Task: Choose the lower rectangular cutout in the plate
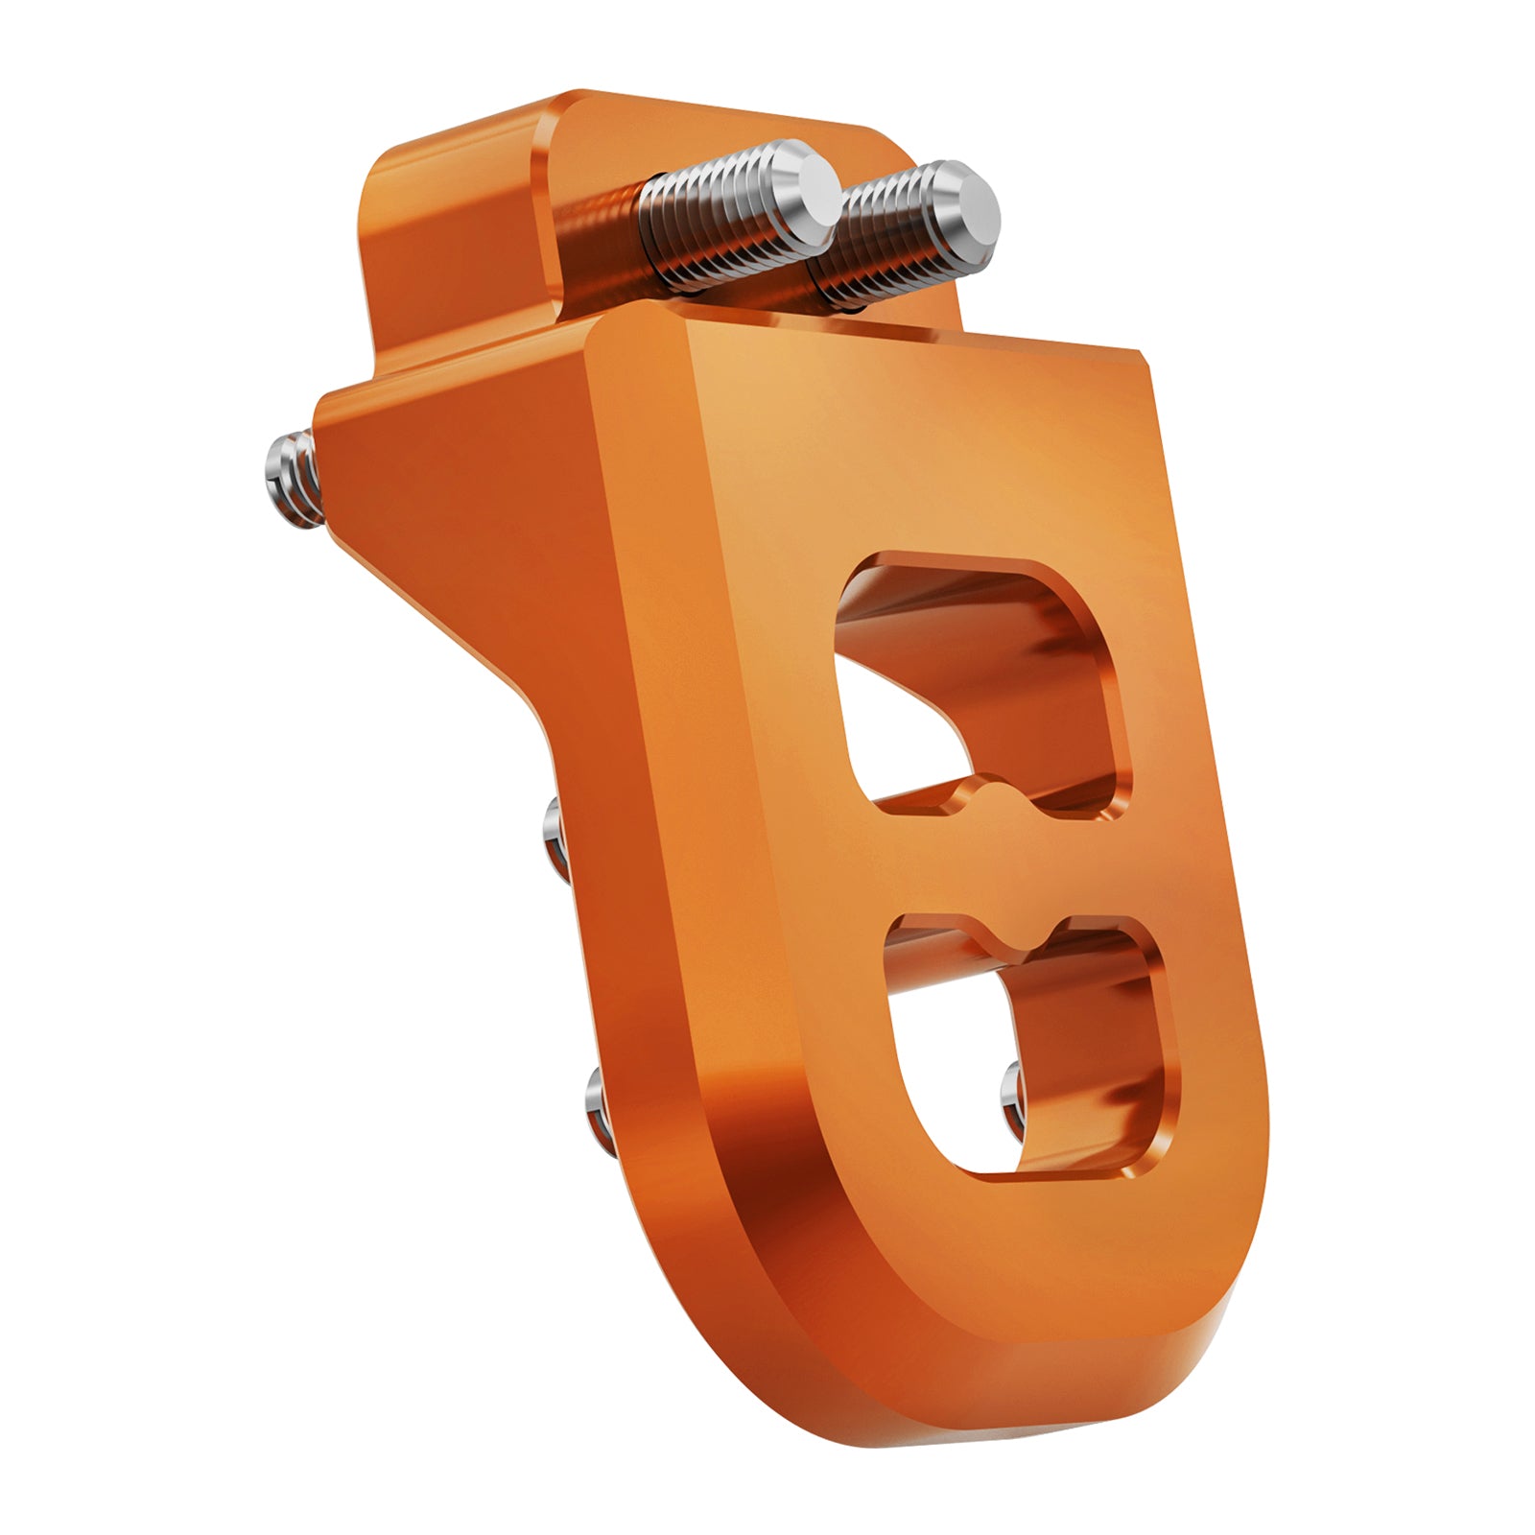coord(1027,1046)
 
